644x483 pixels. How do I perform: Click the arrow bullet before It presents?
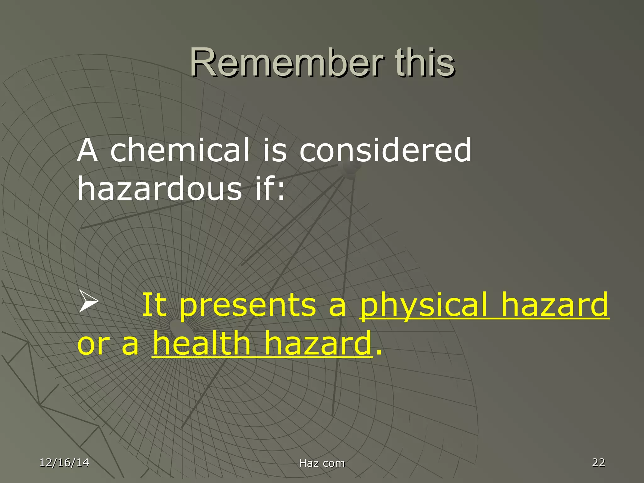click(x=88, y=301)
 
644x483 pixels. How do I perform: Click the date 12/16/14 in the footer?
click(x=64, y=463)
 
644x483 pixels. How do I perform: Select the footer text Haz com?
click(x=322, y=463)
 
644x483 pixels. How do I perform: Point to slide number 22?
click(x=598, y=462)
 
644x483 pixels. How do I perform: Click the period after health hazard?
click(x=379, y=352)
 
